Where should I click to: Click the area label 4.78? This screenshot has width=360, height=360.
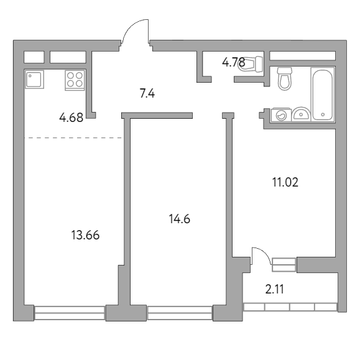tap(233, 62)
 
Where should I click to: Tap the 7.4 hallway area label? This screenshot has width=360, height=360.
tap(147, 94)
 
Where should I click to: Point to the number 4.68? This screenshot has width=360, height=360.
tap(72, 117)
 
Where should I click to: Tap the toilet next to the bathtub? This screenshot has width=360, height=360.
tap(285, 79)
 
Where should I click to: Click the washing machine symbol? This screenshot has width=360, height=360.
tap(281, 114)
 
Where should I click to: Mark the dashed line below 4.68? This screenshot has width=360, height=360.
tap(73, 137)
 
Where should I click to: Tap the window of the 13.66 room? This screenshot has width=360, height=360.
tap(69, 312)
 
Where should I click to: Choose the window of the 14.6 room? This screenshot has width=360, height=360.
tap(179, 312)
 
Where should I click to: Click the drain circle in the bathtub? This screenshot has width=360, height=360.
tap(323, 114)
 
